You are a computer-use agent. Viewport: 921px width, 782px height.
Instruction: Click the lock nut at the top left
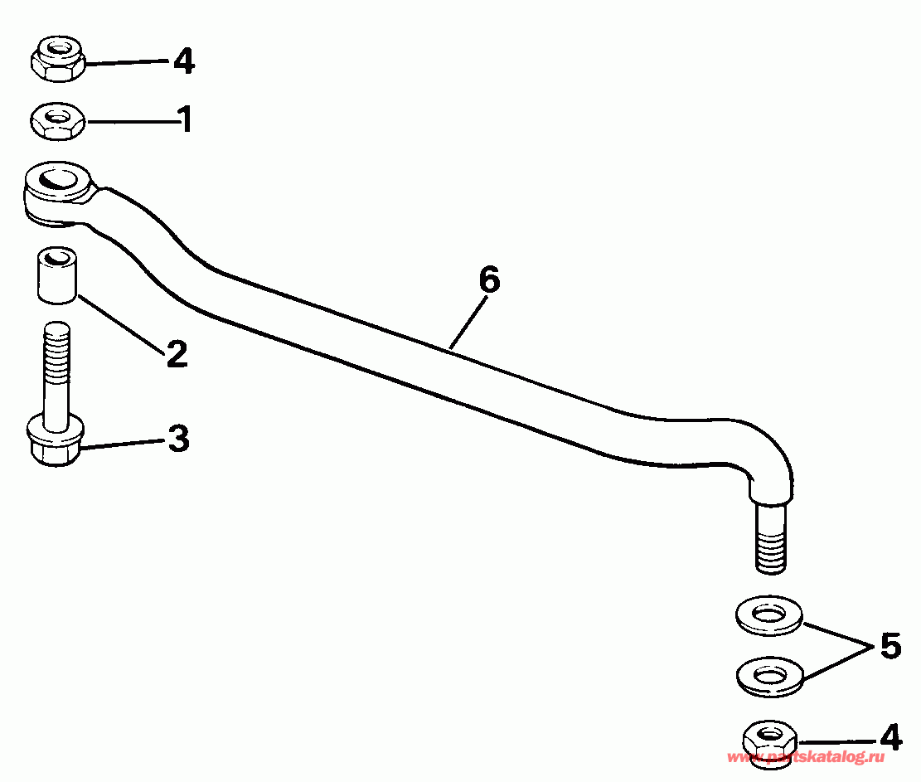click(x=58, y=59)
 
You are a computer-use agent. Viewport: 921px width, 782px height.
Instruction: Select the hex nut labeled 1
click(x=57, y=122)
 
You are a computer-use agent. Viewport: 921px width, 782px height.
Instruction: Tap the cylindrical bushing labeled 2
click(x=57, y=275)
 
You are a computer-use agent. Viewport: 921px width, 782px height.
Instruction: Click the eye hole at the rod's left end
click(x=56, y=177)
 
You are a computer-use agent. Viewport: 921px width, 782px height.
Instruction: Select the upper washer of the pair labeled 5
click(x=768, y=616)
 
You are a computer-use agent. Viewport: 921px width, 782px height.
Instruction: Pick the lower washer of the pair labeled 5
click(x=770, y=677)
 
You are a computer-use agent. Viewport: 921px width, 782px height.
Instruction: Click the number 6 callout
click(x=489, y=279)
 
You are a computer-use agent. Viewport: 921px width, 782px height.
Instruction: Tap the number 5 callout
click(x=889, y=646)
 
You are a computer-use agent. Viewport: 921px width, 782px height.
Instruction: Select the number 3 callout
click(x=178, y=439)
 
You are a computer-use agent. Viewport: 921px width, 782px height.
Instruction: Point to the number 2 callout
click(x=177, y=354)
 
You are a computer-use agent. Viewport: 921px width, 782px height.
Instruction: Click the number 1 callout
click(x=186, y=119)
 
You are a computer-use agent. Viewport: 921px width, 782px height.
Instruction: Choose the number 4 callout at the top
click(x=184, y=61)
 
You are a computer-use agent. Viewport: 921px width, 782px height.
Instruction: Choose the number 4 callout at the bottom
click(x=889, y=737)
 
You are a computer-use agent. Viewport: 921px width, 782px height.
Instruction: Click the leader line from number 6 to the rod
click(x=468, y=323)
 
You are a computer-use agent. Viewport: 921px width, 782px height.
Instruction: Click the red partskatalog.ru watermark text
click(x=805, y=757)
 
